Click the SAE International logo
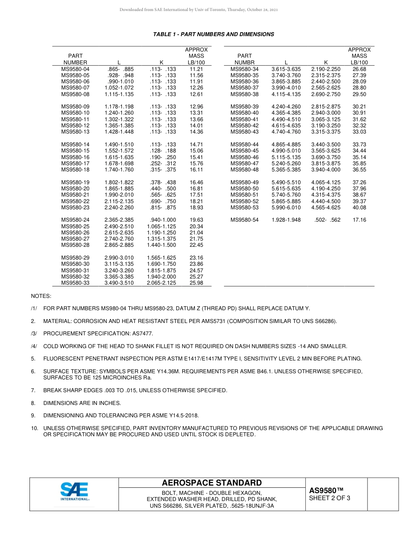[74, 492]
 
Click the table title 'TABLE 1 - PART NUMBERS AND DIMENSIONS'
[213, 34]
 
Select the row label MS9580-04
[75, 69]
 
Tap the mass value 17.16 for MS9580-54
[359, 220]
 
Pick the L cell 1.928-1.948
[286, 220]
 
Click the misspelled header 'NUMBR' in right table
[245, 63]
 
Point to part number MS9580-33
[75, 283]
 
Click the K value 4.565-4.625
[326, 208]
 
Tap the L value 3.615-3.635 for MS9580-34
[286, 69]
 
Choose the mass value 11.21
[196, 69]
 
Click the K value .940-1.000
[161, 220]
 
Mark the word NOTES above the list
[41, 296]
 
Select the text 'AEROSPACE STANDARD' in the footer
[212, 483]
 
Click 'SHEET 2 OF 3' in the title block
[330, 498]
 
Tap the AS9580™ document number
[326, 490]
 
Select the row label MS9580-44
[245, 145]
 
